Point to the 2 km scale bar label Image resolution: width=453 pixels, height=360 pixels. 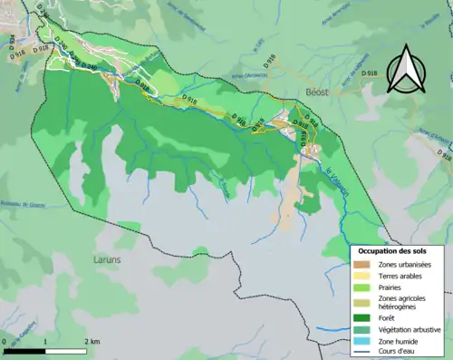(92, 342)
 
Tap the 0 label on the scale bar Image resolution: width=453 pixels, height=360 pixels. (5, 342)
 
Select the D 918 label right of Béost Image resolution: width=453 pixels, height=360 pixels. (368, 73)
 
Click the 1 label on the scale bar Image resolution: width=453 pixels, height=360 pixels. (46, 342)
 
